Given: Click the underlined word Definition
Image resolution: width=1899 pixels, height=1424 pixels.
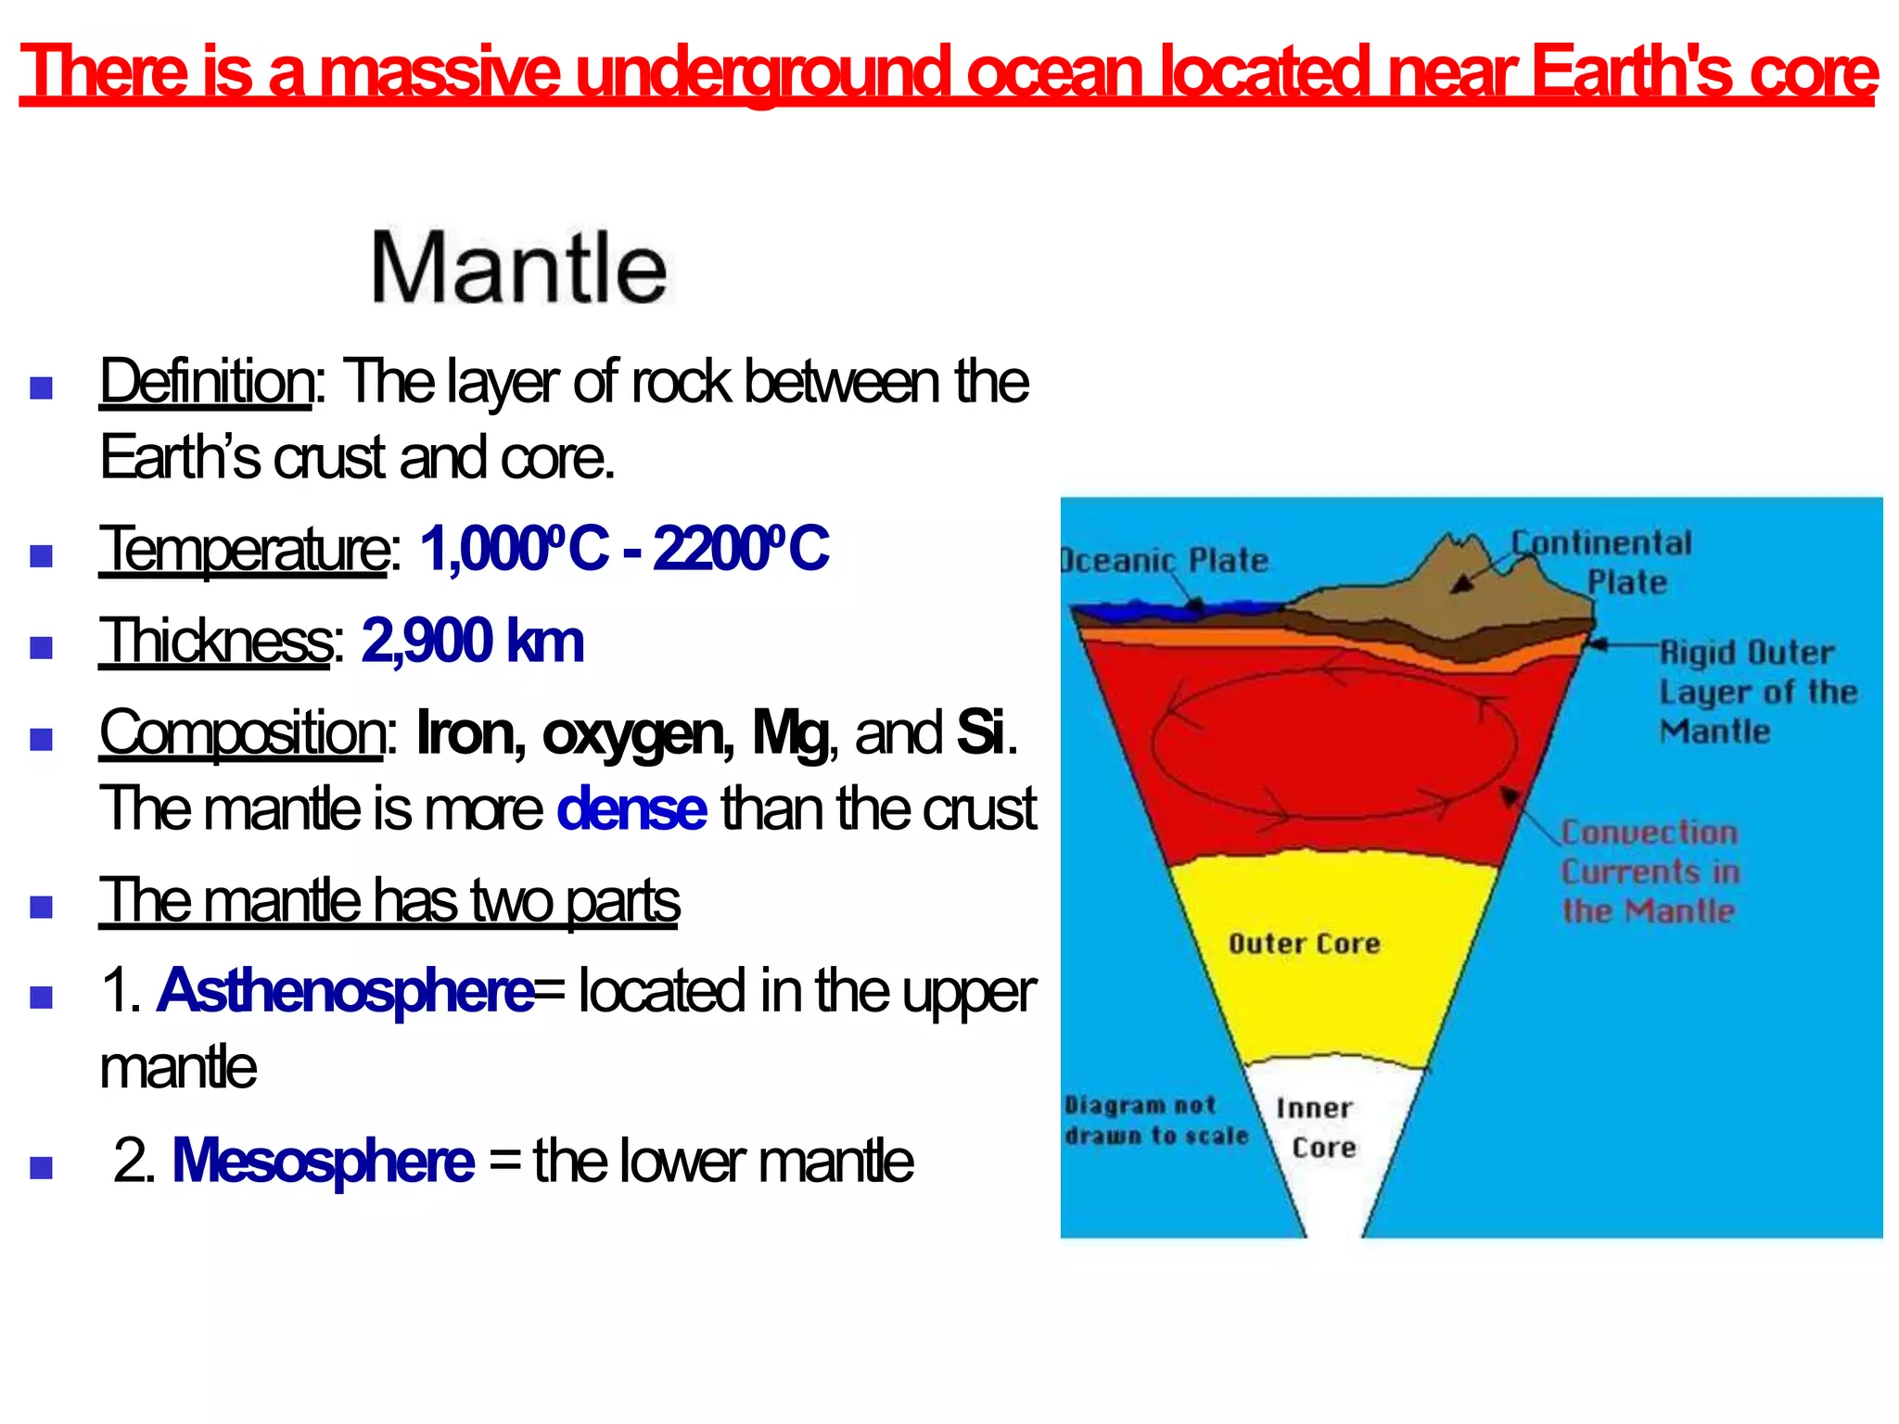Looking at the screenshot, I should click(206, 381).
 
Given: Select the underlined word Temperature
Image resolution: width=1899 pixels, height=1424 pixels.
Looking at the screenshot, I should click(244, 549).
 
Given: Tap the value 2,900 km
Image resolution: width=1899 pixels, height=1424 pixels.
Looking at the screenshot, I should click(473, 641).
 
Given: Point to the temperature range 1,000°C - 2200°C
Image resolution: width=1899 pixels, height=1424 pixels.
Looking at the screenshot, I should click(624, 549).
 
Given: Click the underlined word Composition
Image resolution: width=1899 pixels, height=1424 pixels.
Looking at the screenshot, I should click(242, 732).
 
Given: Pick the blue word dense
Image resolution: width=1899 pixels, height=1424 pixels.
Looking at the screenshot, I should click(631, 808).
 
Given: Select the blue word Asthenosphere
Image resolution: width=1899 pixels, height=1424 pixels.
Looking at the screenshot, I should click(346, 991).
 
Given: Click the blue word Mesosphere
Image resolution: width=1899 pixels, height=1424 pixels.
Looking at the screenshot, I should click(323, 1161).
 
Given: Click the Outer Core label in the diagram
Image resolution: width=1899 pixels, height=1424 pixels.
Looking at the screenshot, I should click(1304, 944).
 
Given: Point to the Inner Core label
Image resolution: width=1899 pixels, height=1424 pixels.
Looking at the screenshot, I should click(1317, 1127).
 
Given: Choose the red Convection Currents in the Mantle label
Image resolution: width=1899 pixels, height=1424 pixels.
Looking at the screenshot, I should click(1650, 871).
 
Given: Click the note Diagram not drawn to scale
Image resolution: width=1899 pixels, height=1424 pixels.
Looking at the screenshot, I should click(1154, 1120).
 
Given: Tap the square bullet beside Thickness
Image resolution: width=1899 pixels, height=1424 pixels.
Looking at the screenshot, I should click(41, 646).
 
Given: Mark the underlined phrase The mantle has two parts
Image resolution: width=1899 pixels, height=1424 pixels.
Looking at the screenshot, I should click(389, 900).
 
